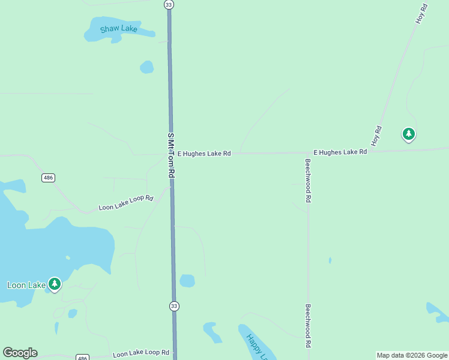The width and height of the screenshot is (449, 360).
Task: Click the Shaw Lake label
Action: point(119,29)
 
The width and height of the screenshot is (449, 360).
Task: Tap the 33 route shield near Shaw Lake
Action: point(169,4)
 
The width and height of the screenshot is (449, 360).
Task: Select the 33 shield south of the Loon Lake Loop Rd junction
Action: point(173,306)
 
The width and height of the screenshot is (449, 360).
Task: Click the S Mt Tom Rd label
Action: point(170,154)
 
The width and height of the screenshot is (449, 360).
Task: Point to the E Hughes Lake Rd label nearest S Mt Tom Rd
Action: point(204,154)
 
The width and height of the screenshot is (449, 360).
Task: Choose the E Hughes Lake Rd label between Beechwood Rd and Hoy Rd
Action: point(340,152)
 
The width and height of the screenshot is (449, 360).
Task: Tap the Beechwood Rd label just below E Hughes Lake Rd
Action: point(308,180)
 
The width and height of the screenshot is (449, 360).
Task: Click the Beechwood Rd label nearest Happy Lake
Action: point(308,326)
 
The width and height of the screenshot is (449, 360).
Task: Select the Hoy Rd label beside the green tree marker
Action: point(377,136)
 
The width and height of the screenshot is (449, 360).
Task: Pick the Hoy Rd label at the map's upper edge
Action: point(422,14)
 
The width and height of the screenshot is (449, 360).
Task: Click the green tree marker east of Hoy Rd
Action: point(409,134)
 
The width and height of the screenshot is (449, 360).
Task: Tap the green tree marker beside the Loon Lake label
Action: point(55,283)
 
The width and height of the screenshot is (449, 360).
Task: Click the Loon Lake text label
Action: point(26,285)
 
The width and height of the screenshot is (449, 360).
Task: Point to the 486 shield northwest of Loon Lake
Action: point(49,178)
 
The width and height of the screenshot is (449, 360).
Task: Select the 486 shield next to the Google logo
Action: point(83,358)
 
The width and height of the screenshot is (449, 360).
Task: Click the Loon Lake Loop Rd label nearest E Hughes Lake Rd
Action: point(126,203)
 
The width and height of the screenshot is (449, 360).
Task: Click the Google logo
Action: point(20,353)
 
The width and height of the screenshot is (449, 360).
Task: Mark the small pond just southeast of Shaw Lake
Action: point(146,67)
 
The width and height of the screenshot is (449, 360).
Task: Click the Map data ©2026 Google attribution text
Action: point(412,355)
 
